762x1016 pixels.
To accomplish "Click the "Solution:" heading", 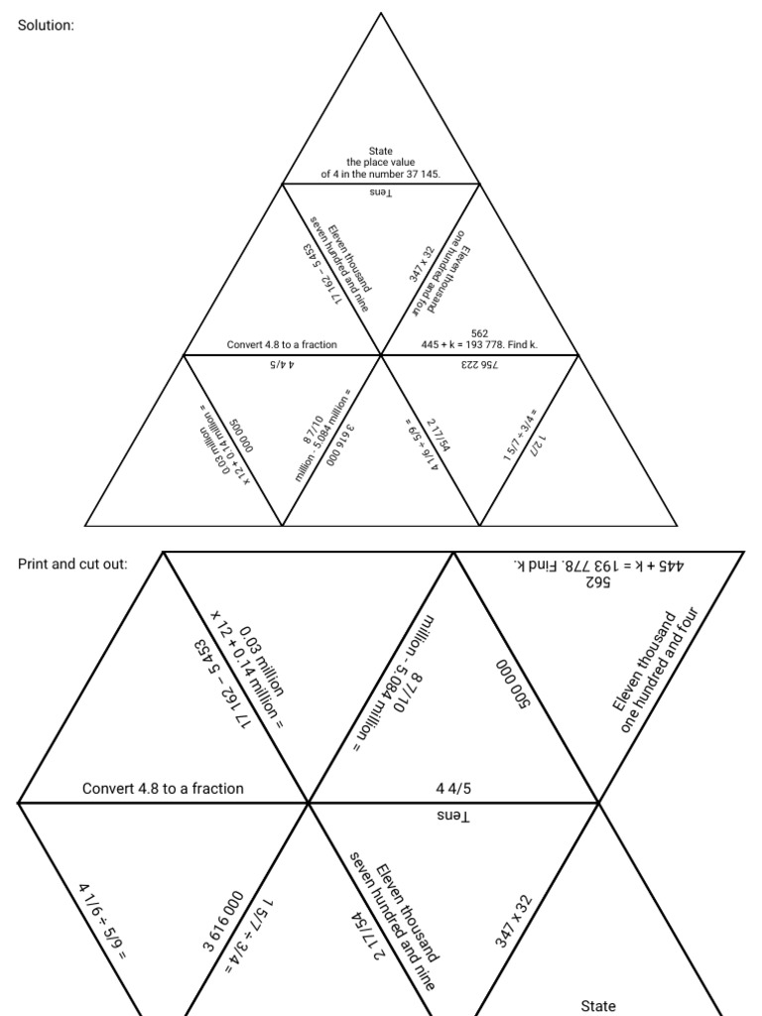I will (x=46, y=25).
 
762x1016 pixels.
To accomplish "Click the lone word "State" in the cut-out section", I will (x=597, y=1006).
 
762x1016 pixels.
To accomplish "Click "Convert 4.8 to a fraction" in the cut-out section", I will (x=163, y=789).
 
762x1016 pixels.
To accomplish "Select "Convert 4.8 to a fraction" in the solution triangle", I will (x=282, y=345).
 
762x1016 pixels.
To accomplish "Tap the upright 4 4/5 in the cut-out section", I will (x=452, y=789).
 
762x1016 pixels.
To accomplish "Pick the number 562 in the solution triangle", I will (x=479, y=333).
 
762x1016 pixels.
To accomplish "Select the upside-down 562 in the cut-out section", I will (x=598, y=582).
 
